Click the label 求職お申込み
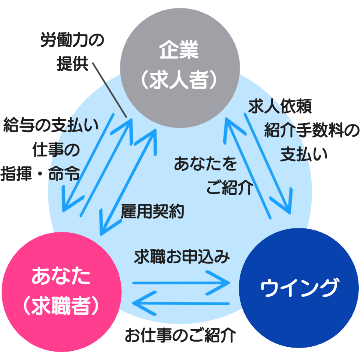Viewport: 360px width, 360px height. pos(182,256)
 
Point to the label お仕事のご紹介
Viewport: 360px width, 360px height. pos(180,335)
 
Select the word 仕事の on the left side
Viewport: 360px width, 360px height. pos(56,150)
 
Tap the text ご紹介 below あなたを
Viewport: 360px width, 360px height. pos(230,187)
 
